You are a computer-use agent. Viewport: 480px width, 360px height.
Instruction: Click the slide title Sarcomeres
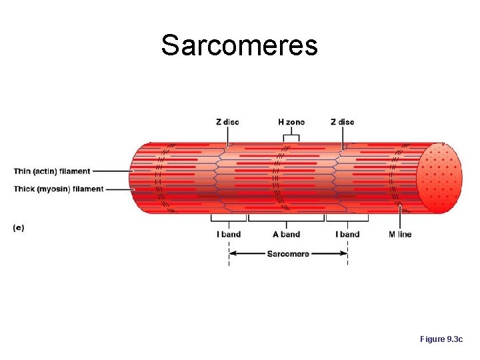[x=239, y=45]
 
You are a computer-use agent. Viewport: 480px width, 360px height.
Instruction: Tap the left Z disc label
[x=227, y=122]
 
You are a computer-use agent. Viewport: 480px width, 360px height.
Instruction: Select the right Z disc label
[x=342, y=122]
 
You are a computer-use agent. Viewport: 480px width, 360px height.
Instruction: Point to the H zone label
[x=291, y=122]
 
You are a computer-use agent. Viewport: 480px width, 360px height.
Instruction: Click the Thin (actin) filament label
[x=51, y=171]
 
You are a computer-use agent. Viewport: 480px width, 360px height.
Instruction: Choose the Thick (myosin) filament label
[x=59, y=189]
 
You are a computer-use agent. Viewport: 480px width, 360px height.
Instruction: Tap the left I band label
[x=229, y=234]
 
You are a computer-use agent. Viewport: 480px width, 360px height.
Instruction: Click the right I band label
[x=347, y=234]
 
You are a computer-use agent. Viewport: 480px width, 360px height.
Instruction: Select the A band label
[x=287, y=234]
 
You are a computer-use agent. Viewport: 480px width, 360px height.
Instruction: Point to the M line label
[x=400, y=234]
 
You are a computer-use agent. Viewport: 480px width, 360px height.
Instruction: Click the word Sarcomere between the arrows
[x=288, y=253]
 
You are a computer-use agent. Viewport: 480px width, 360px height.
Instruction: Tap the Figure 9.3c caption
[x=441, y=339]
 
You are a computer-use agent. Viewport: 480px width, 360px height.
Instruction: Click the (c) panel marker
[x=19, y=227]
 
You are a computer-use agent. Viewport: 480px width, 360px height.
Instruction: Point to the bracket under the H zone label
[x=291, y=137]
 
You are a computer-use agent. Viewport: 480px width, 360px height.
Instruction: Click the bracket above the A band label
[x=287, y=219]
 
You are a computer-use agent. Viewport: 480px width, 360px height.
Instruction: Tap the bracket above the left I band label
[x=228, y=219]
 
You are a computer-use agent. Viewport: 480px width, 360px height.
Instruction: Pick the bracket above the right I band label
[x=347, y=219]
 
